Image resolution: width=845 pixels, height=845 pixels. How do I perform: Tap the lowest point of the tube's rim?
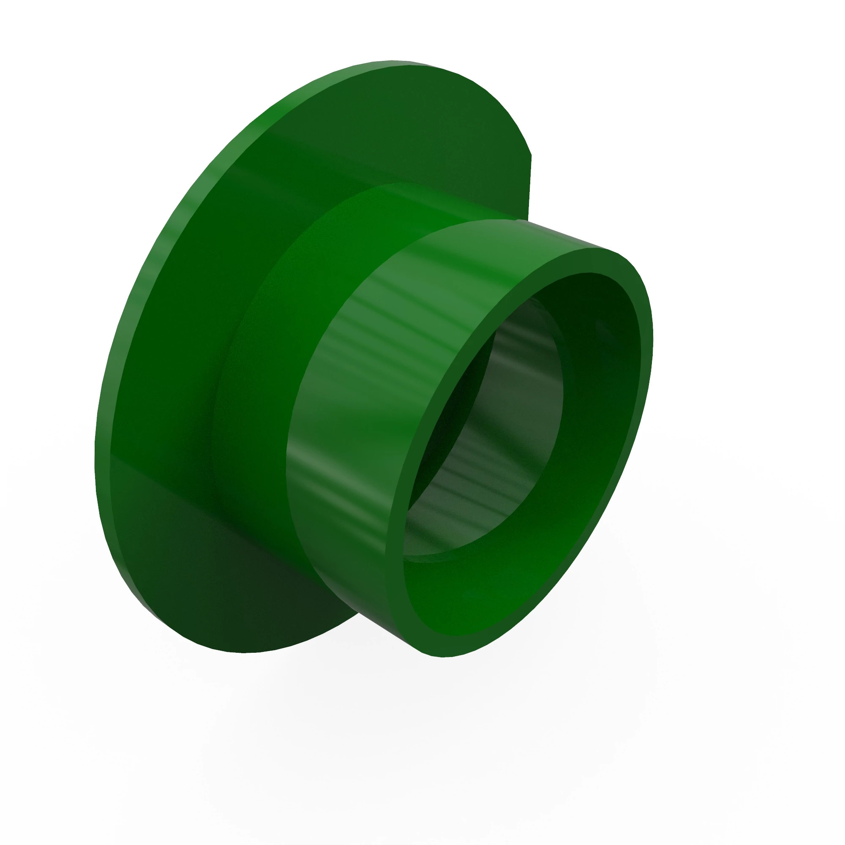point(442,657)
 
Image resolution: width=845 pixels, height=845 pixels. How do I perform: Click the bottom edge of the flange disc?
point(245,652)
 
